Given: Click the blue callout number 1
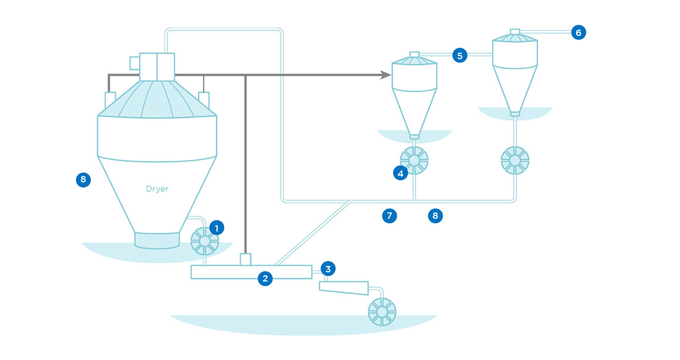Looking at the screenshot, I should (x=216, y=228).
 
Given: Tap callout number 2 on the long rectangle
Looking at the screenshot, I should (x=265, y=278).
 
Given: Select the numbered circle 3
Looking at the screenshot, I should (x=328, y=268).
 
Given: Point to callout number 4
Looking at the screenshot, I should (x=401, y=174).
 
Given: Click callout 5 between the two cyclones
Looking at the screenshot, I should (x=459, y=55).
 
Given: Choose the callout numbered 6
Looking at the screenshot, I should (x=578, y=32).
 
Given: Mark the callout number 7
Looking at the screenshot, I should (x=389, y=216).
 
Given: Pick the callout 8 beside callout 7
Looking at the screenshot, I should (x=435, y=216).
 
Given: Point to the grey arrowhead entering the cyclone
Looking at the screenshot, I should (x=386, y=75).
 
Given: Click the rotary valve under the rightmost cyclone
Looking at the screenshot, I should (x=514, y=160).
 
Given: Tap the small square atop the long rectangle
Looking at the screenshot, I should (x=245, y=259).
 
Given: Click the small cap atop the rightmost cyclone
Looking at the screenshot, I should (x=515, y=31).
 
